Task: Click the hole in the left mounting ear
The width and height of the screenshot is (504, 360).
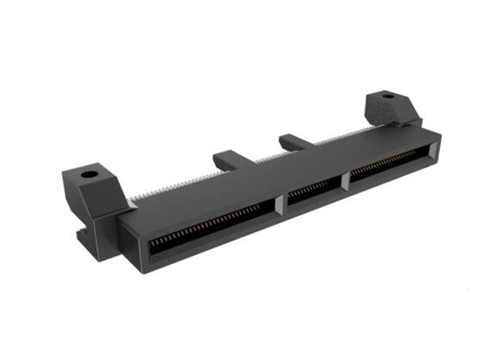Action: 89,174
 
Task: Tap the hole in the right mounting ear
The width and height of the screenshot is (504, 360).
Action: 388,95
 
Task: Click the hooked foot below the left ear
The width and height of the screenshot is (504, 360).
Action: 86,237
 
